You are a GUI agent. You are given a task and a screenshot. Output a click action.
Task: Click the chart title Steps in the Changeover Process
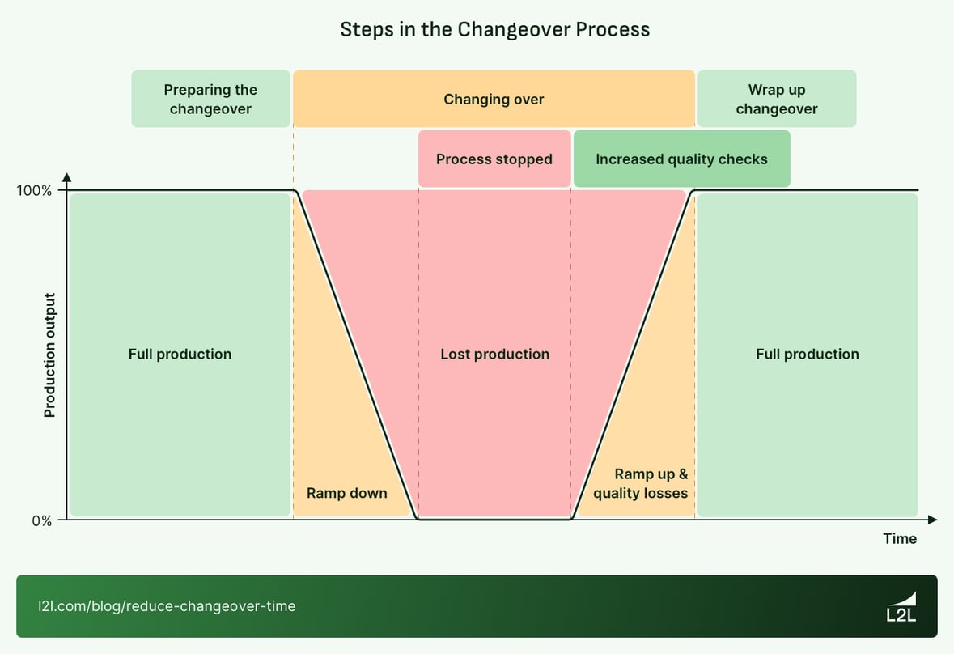(x=494, y=29)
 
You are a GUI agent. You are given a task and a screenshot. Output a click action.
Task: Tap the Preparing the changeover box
(x=210, y=99)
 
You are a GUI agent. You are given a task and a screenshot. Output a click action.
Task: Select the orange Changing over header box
(x=494, y=99)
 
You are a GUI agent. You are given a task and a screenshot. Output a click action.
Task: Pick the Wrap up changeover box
(x=777, y=99)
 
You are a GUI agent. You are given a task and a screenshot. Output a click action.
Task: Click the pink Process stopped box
(x=494, y=159)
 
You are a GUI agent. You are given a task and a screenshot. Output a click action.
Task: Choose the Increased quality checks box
(x=681, y=159)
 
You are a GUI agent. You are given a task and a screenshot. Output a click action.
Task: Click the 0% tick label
(x=42, y=520)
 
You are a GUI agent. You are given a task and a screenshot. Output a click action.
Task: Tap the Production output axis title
(x=49, y=355)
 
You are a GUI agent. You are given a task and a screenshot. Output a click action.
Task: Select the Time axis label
(x=900, y=538)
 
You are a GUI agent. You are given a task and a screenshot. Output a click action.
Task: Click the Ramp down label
(x=346, y=493)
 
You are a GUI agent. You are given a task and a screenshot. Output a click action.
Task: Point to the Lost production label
(x=494, y=354)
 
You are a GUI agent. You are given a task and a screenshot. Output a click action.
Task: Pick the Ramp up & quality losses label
(x=641, y=484)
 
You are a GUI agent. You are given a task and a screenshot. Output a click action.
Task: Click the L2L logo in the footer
(x=902, y=606)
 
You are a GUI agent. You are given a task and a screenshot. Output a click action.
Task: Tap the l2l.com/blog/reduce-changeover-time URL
(x=167, y=605)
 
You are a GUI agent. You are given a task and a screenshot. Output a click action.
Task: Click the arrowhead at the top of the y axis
(x=67, y=176)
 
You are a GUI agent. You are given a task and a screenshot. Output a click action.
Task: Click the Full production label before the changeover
(x=180, y=354)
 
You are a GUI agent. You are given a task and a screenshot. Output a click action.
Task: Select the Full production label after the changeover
(x=808, y=354)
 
